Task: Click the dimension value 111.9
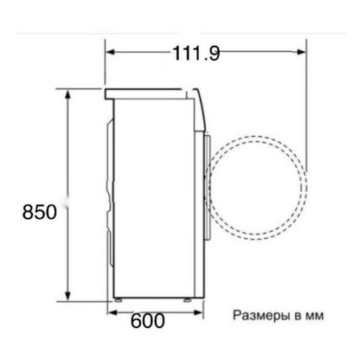(x=196, y=54)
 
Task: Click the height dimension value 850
(x=40, y=212)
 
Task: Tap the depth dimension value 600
(x=148, y=321)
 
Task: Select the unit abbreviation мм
(x=314, y=316)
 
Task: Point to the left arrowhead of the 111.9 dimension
(x=111, y=52)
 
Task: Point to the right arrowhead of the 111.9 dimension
(x=300, y=52)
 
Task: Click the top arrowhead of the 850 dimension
(x=67, y=95)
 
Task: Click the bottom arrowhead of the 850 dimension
(x=67, y=296)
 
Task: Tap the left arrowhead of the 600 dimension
(x=112, y=312)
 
